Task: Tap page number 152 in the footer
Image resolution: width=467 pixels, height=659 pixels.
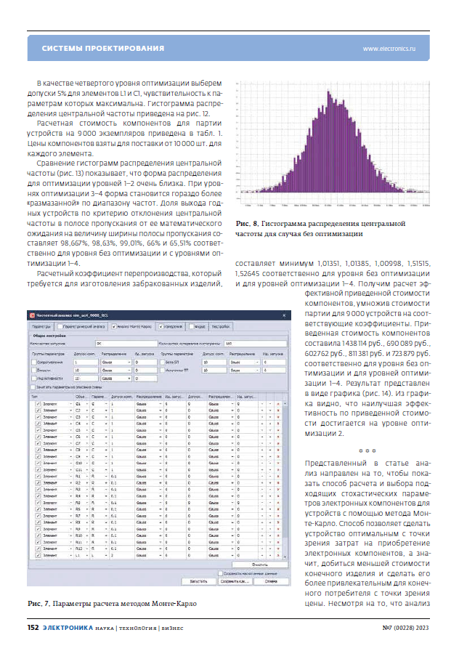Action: coord(33,628)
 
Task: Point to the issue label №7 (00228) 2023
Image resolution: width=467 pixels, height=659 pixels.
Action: coord(410,628)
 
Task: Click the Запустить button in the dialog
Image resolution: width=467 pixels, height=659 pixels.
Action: coord(199,581)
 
